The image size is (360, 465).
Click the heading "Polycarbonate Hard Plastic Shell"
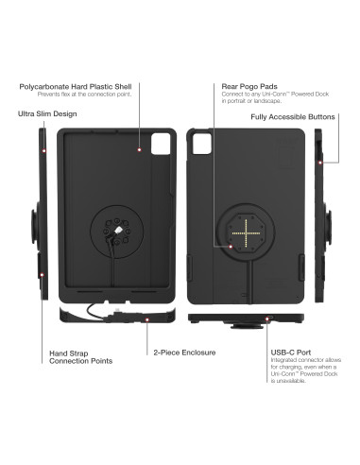coord(80,86)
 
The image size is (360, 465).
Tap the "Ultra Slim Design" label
coord(48,114)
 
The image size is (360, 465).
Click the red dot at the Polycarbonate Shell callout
coord(139,149)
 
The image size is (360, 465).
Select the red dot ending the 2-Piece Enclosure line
coord(147,320)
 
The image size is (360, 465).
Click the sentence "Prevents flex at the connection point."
coord(85,95)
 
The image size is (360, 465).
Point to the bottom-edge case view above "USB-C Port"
coord(246,319)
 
